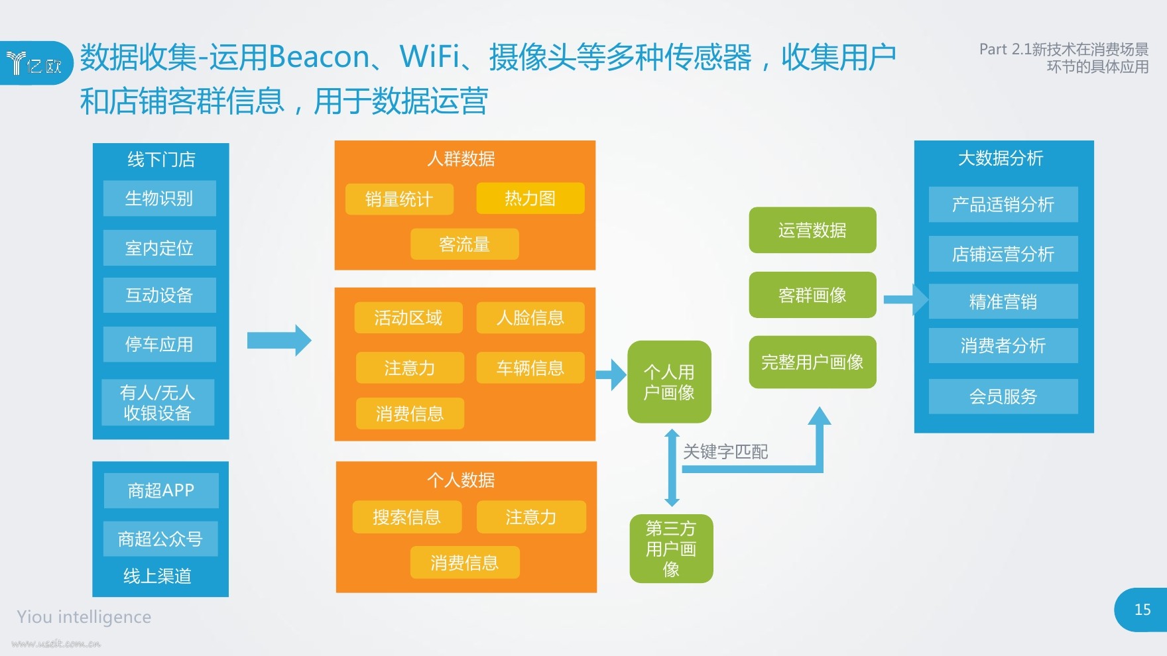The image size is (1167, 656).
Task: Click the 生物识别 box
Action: (x=160, y=198)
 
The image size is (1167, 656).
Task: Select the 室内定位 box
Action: (x=160, y=248)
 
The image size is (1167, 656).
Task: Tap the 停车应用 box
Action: (x=160, y=344)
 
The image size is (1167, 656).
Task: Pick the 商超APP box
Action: (x=161, y=490)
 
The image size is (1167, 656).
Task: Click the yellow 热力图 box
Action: (x=530, y=198)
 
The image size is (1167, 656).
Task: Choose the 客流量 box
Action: (x=465, y=245)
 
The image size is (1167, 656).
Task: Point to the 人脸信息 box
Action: (x=530, y=318)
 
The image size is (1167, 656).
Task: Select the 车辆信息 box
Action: (x=530, y=368)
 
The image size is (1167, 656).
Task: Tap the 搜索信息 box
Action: (x=407, y=517)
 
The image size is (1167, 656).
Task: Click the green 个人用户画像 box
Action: (x=669, y=382)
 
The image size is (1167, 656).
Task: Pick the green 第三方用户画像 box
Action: (x=671, y=549)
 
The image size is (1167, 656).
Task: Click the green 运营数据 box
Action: (x=812, y=230)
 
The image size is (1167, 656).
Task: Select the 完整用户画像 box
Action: (x=812, y=362)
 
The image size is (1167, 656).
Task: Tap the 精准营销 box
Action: (x=1003, y=301)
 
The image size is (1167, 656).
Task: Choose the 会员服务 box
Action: (x=1003, y=396)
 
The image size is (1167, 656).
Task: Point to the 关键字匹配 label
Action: (x=725, y=452)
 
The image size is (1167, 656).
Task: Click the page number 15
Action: (x=1142, y=610)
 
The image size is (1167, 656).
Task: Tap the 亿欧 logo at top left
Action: (x=34, y=64)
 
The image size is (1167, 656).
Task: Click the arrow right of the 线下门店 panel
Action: (x=279, y=341)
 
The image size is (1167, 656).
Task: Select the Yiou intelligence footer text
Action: (x=84, y=617)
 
